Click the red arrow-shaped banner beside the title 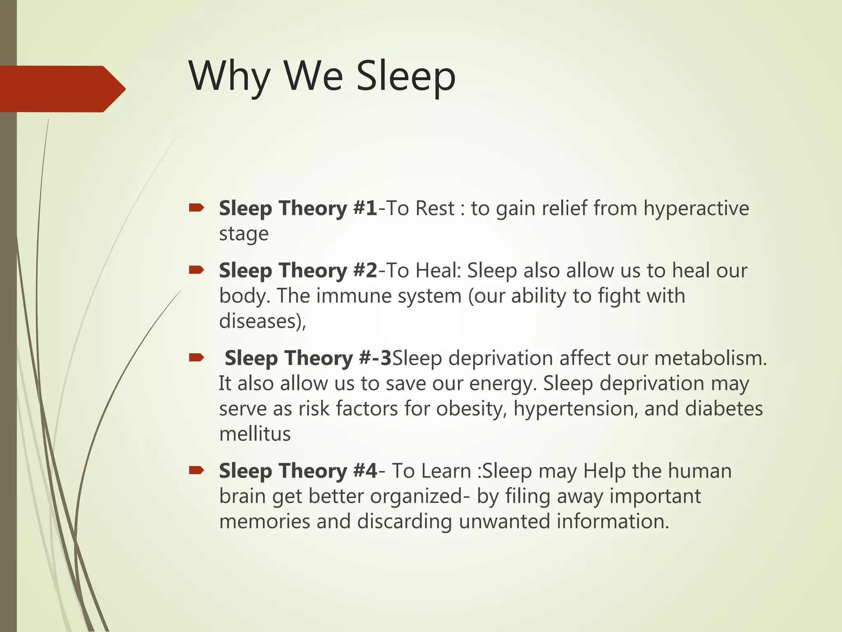tap(62, 89)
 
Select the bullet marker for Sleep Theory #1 tap(196, 208)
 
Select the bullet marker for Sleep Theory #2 tap(196, 270)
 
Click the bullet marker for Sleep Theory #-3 tap(196, 358)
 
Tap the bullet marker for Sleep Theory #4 tap(196, 470)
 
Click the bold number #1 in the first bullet tap(365, 208)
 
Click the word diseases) tap(262, 321)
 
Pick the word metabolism tap(710, 358)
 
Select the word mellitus tap(255, 434)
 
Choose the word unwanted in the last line tap(504, 521)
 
